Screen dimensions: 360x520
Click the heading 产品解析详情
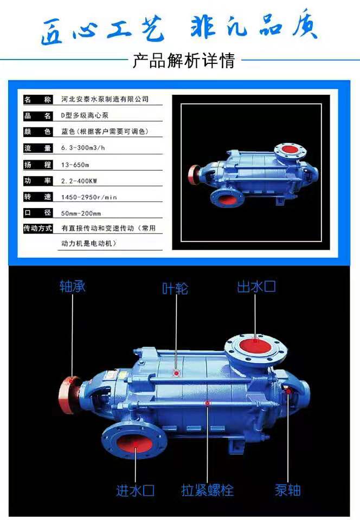[x=184, y=60]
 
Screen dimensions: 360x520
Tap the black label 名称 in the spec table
[x=38, y=99]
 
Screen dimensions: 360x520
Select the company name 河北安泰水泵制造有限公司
[x=105, y=99]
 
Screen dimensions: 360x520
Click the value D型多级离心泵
[x=85, y=115]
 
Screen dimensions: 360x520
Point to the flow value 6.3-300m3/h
[x=82, y=148]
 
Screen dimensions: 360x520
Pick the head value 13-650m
[x=75, y=165]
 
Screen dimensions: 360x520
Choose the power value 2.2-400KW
[x=79, y=181]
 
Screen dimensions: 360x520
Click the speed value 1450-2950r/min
[x=89, y=197]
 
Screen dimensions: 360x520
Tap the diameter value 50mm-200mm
[x=81, y=213]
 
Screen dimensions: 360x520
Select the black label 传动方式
[x=38, y=228]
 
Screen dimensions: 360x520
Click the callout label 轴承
[x=72, y=286]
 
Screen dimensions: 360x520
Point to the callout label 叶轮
[x=175, y=289]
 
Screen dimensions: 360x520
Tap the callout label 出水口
[x=256, y=287]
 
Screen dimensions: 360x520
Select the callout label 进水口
[x=136, y=490]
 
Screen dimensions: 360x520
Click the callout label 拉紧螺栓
[x=208, y=490]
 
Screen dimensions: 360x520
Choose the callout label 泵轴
[x=288, y=490]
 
